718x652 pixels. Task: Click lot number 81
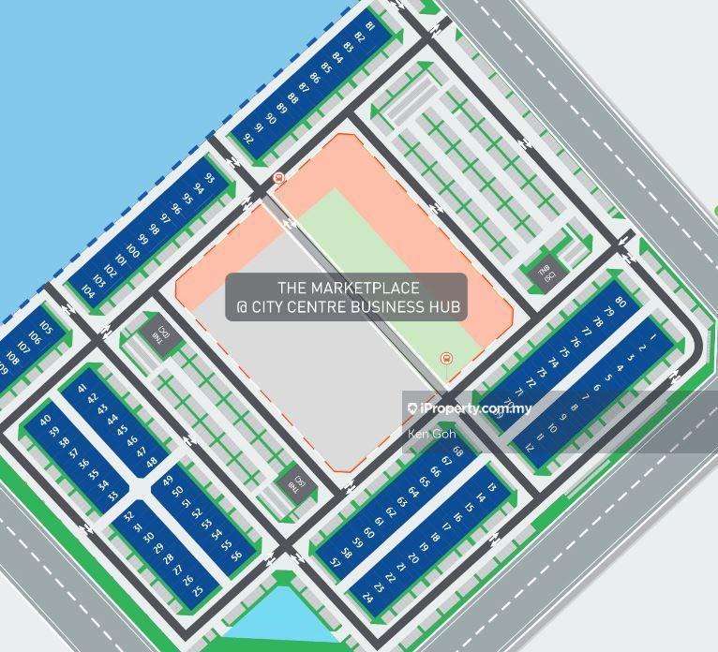coord(369,27)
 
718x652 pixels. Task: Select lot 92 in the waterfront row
coord(248,138)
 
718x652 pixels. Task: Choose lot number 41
coord(82,388)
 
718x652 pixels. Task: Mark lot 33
coord(114,496)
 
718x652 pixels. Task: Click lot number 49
coord(168,482)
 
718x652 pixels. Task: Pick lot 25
coord(197,591)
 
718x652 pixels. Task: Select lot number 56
coord(236,555)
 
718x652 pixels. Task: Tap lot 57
coord(336,562)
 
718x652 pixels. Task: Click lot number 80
coord(620,302)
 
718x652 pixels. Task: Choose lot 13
coord(492,487)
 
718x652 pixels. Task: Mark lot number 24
coord(367,597)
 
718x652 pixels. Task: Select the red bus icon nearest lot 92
coord(278,178)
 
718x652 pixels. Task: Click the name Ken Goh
coord(431,434)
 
